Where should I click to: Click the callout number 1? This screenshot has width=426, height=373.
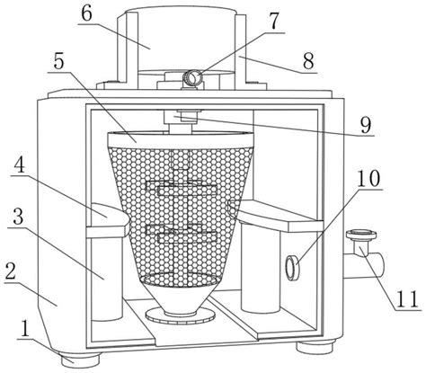24,330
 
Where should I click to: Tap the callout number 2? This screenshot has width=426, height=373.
11,272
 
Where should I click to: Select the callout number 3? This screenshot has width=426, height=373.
18,217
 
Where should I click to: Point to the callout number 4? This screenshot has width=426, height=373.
20,164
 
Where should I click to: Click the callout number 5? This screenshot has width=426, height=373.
58,61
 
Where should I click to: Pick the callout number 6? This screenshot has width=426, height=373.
86,13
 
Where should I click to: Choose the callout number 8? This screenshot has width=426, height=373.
308,61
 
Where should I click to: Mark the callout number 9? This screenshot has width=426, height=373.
365,125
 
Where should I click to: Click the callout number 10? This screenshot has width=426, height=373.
368,179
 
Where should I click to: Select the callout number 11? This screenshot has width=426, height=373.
407,299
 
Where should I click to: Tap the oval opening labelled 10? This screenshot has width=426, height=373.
291,268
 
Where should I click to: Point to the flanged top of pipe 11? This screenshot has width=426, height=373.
360,235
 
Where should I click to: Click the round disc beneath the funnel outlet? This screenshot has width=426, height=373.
180,316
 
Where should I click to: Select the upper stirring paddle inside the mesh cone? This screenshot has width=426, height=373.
182,189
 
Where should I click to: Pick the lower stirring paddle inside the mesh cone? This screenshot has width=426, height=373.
182,234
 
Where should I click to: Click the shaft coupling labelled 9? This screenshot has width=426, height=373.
182,117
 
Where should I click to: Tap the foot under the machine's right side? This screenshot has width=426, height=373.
315,348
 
